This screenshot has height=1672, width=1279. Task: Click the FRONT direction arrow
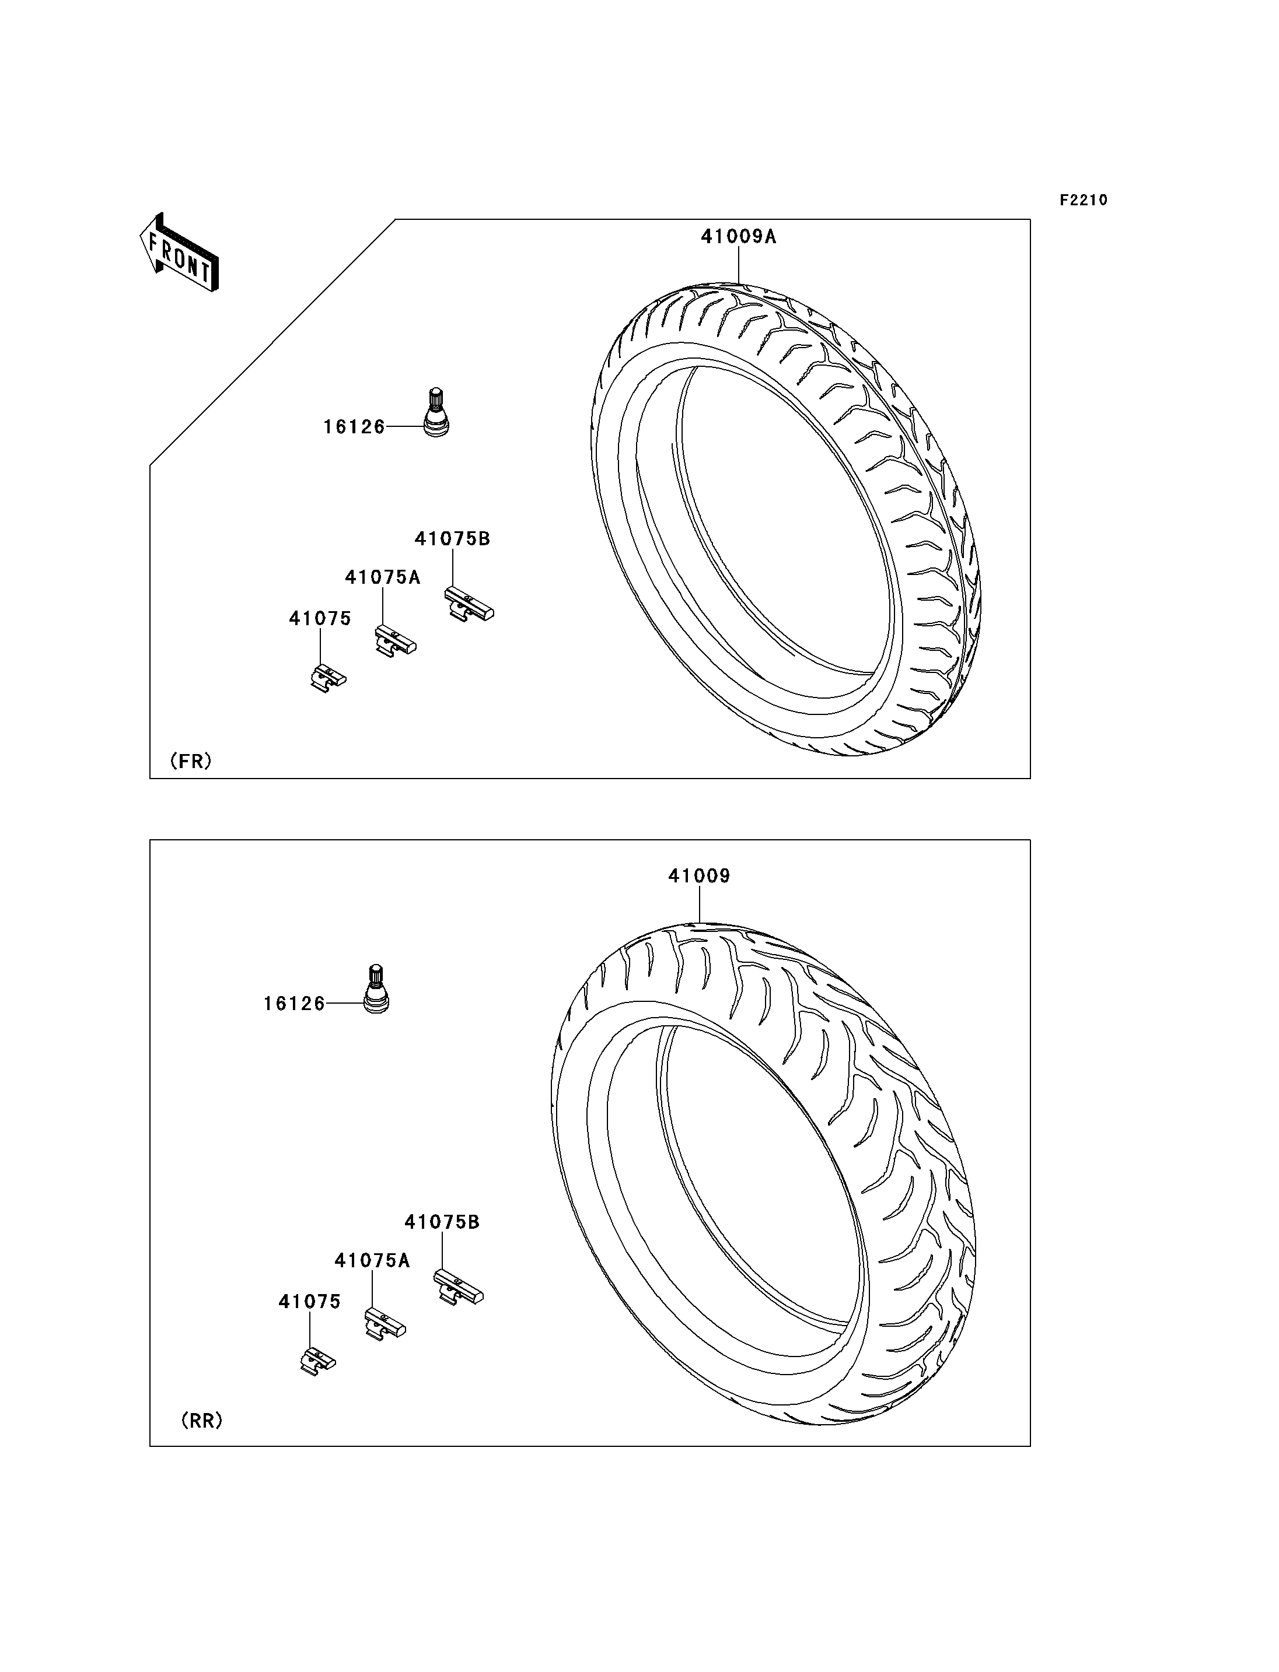pos(180,253)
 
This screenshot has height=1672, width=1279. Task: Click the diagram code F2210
pos(1084,200)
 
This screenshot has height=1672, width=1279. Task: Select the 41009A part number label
pos(739,237)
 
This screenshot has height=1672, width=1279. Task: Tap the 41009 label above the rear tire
pos(699,876)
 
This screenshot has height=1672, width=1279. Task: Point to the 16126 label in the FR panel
pos(354,427)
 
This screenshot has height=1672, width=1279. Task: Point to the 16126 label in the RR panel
pos(295,1004)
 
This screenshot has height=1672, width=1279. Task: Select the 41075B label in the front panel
pos(452,539)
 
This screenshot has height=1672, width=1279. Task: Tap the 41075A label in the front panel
pos(382,577)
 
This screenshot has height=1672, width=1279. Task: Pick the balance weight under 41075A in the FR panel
pos(395,641)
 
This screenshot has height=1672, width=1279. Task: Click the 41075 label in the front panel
pos(320,619)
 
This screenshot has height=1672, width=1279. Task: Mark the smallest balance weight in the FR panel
pos(328,677)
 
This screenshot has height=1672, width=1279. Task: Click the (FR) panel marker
pos(190,760)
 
